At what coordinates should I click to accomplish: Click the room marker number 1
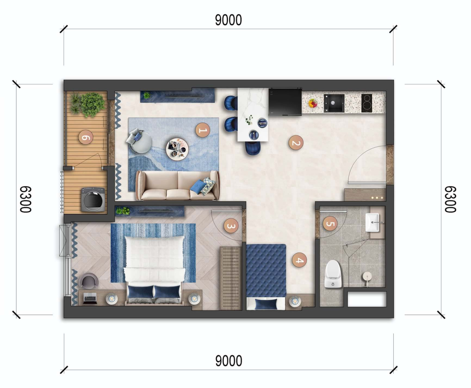(x=203, y=130)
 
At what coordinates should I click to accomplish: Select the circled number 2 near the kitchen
(x=296, y=143)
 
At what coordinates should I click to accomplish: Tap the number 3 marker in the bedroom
(x=231, y=226)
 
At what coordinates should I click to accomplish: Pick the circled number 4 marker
(x=299, y=260)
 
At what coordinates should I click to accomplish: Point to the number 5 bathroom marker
(x=330, y=224)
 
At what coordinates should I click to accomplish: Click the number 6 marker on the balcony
(x=86, y=137)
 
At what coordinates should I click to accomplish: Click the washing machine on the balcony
(x=93, y=199)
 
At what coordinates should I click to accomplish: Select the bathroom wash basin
(x=373, y=222)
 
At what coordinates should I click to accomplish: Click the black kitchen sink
(x=334, y=103)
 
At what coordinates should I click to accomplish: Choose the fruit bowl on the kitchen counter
(x=313, y=103)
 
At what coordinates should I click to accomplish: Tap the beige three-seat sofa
(x=177, y=185)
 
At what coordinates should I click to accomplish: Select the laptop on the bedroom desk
(x=90, y=299)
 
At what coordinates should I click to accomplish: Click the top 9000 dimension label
(x=228, y=20)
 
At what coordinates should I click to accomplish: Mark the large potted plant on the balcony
(x=92, y=104)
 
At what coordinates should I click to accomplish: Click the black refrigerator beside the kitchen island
(x=285, y=101)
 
